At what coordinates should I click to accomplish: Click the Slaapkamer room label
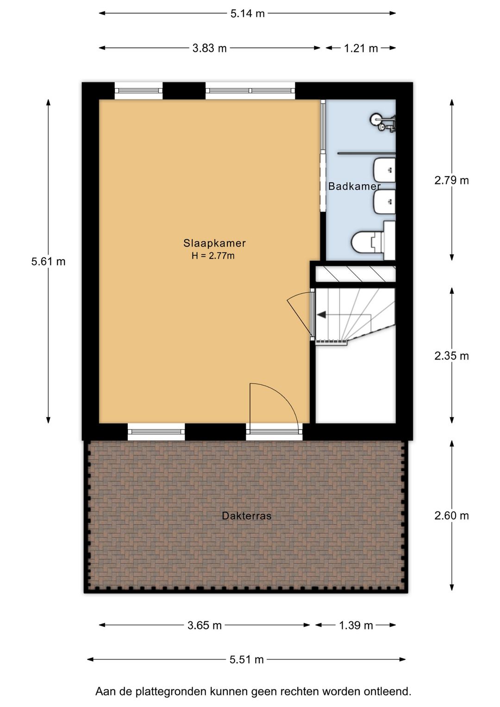(214, 243)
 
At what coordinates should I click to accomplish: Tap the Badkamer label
(354, 186)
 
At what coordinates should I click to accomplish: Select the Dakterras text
(247, 516)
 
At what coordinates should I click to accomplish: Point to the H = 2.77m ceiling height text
(213, 256)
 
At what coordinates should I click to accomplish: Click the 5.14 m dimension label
(247, 13)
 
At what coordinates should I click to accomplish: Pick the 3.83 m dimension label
(209, 48)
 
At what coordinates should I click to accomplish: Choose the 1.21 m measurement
(361, 48)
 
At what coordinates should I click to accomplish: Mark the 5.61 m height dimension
(48, 262)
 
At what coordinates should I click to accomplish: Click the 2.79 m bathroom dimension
(451, 181)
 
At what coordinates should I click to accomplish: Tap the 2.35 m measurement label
(451, 356)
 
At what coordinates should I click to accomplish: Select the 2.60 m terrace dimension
(451, 516)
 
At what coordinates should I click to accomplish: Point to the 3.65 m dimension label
(205, 625)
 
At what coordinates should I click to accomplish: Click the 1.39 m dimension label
(356, 625)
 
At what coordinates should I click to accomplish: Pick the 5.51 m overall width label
(246, 660)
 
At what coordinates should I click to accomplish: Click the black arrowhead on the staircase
(321, 315)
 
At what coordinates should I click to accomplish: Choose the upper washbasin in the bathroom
(384, 170)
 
